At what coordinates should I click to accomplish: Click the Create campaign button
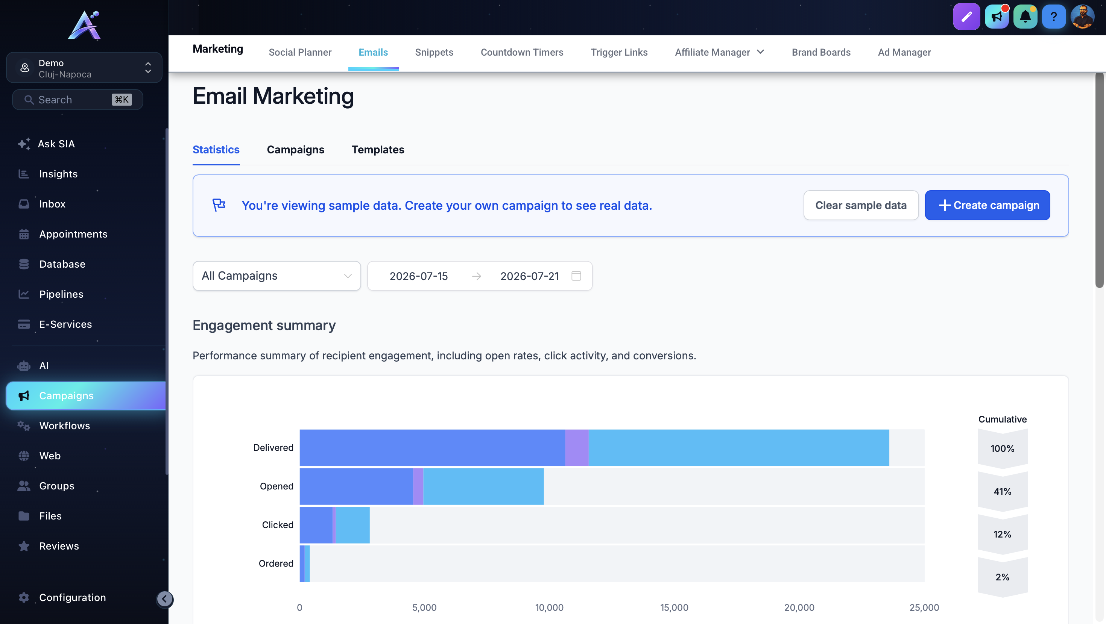coord(987,205)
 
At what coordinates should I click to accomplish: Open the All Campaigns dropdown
coord(276,276)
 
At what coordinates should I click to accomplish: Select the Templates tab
coord(378,150)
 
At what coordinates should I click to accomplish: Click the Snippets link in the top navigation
coord(434,52)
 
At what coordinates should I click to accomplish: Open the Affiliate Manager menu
coord(720,52)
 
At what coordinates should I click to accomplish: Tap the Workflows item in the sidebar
coord(64,426)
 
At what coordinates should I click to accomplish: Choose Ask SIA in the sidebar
coord(56,144)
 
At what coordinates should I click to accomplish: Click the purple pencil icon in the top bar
coord(966,17)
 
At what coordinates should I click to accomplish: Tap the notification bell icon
coord(1025,17)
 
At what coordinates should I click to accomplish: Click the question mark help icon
coord(1054,17)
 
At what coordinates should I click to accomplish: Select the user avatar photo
coord(1082,17)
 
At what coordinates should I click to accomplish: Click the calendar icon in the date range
coord(576,276)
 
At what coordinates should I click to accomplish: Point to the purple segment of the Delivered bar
coord(577,448)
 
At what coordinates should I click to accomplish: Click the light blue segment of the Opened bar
coord(483,486)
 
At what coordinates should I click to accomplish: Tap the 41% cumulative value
coord(1003,491)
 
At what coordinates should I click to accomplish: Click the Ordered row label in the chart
coord(276,563)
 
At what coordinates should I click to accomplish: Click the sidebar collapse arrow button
coord(164,599)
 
